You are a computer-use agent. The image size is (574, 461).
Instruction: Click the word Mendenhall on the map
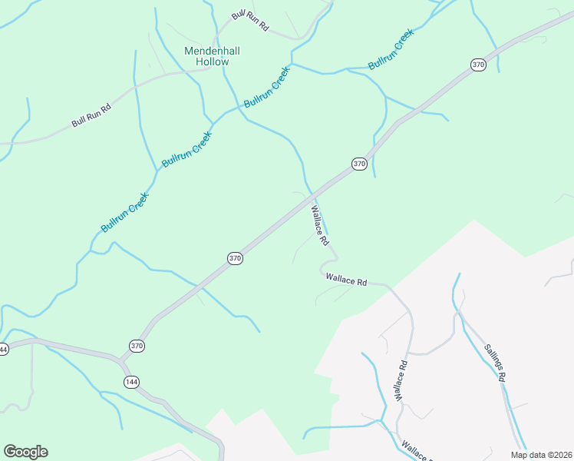pos(213,51)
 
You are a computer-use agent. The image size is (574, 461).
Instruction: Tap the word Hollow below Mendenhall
pos(213,61)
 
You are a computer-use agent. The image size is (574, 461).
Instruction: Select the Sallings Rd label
pos(496,362)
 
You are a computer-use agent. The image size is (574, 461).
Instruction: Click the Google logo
pos(25,452)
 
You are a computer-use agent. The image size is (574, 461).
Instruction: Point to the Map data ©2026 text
pos(541,455)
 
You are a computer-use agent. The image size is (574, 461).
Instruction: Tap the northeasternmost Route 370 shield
pos(479,65)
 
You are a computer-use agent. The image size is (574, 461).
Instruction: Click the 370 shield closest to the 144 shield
pos(137,346)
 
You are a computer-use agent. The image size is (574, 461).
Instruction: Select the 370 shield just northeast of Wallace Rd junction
pos(359,164)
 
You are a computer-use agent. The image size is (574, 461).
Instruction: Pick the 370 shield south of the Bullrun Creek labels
pos(236,259)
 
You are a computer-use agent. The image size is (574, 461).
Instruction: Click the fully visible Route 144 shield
pos(131,382)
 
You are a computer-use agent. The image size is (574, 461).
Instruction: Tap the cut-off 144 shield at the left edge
pos(3,349)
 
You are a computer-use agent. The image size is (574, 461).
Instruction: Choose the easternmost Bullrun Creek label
pos(391,49)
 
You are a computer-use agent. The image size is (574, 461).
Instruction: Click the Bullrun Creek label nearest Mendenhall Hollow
pos(267,87)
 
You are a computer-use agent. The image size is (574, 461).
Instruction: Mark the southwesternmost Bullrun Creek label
pos(124,213)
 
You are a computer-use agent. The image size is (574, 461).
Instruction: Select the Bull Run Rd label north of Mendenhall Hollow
pos(251,22)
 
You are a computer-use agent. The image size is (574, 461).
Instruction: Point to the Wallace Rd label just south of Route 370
pos(320,224)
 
